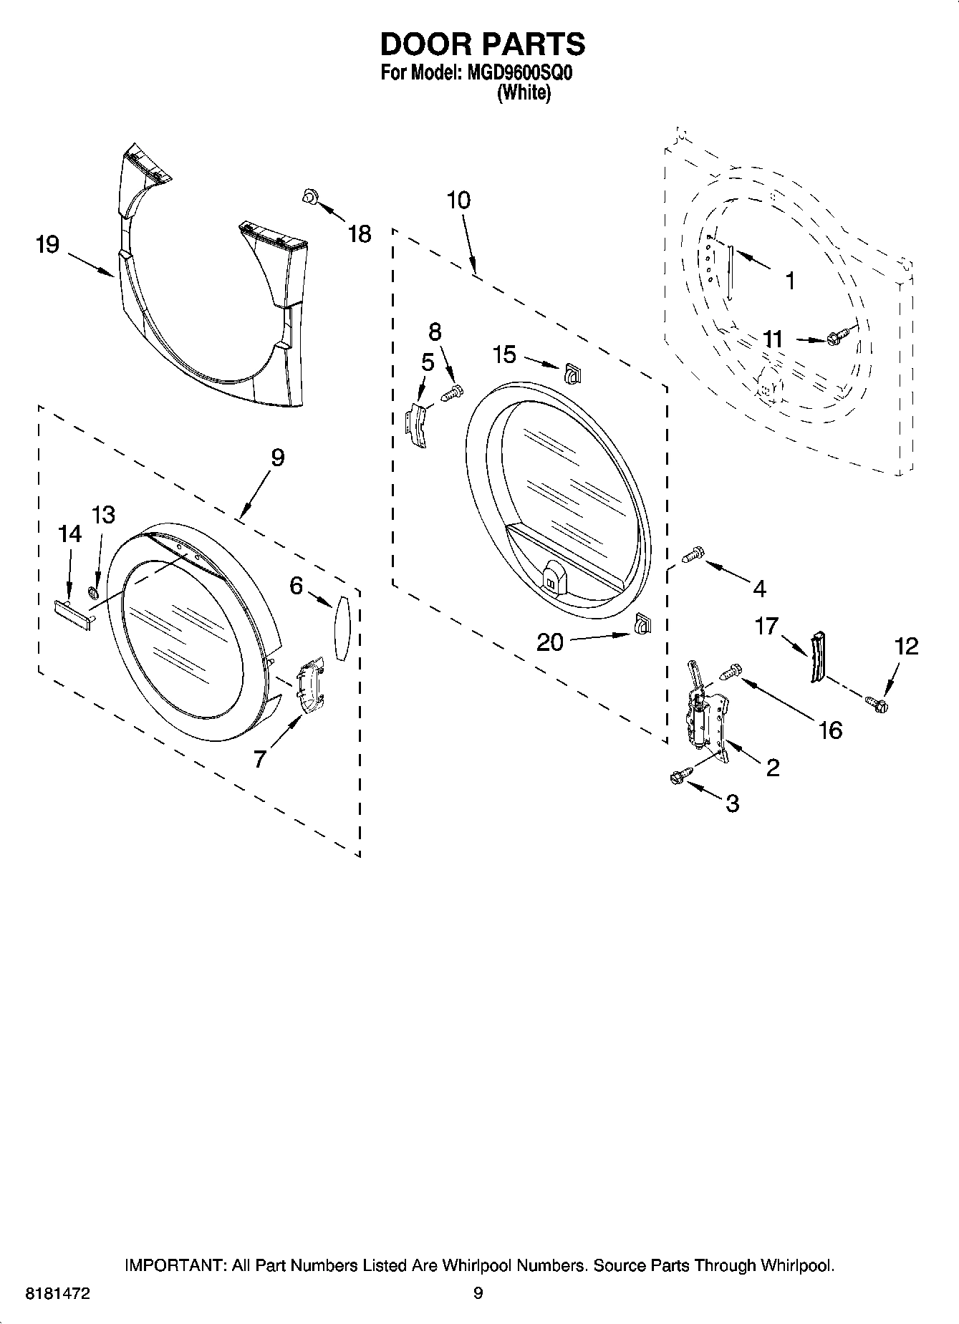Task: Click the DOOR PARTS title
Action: pyautogui.click(x=482, y=44)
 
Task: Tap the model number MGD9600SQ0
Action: pyautogui.click(x=514, y=74)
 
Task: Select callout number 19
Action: pyautogui.click(x=47, y=246)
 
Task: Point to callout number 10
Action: pyautogui.click(x=458, y=200)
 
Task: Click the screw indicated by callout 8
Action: pyautogui.click(x=452, y=392)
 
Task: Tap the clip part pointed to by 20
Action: pyautogui.click(x=642, y=625)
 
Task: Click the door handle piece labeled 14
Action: pyautogui.click(x=73, y=614)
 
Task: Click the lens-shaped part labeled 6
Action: pyautogui.click(x=342, y=626)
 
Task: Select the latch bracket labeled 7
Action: pyautogui.click(x=310, y=687)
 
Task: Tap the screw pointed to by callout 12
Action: pyautogui.click(x=876, y=705)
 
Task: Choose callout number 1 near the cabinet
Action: pyautogui.click(x=790, y=281)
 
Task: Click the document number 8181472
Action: pyautogui.click(x=57, y=1294)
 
